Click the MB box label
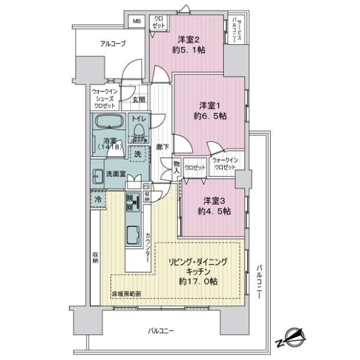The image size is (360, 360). [137, 22]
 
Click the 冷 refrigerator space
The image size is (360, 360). [97, 197]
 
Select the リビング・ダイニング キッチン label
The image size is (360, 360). [197, 266]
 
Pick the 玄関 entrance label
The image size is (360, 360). [138, 101]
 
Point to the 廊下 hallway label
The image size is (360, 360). [160, 145]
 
